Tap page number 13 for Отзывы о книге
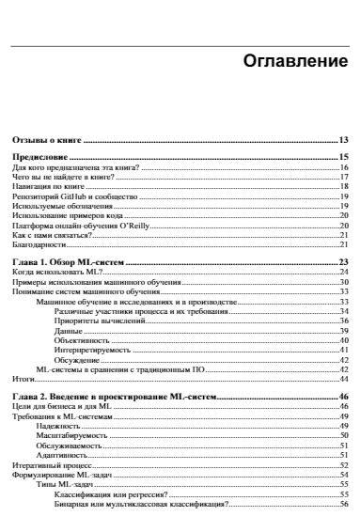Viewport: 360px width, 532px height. (344, 139)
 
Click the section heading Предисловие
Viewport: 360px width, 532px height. (35, 156)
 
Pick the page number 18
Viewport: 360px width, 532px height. (344, 187)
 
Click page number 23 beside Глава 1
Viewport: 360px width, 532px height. (344, 262)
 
